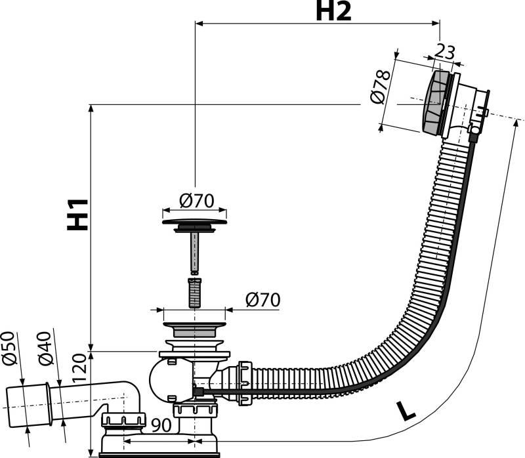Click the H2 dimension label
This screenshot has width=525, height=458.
(334, 11)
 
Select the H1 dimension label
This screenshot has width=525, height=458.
(78, 214)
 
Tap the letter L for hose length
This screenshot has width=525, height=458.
(408, 411)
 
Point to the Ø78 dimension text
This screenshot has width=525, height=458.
(381, 86)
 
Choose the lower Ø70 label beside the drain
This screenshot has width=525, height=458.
(262, 300)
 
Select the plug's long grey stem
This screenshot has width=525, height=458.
(194, 252)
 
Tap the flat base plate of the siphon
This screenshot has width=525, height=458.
(157, 452)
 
